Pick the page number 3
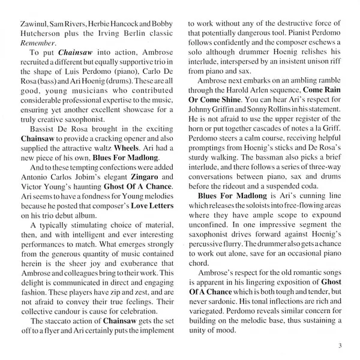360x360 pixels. tap(340, 345)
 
